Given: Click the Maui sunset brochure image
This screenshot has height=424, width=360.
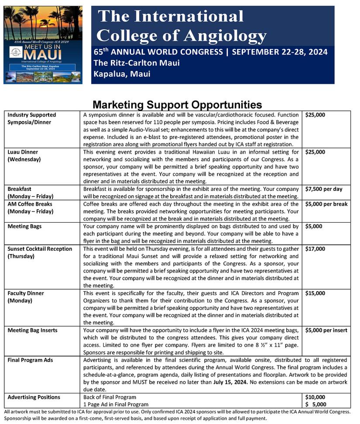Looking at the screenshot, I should pos(43,45).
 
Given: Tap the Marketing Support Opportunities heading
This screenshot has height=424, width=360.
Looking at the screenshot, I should pos(177,105).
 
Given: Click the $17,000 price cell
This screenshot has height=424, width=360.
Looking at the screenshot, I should pos(315,249).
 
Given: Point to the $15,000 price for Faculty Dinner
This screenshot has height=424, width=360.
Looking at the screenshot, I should pos(315,293).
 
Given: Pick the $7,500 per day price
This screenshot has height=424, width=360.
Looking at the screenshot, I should pos(324,189).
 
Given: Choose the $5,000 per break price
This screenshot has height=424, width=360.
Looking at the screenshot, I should pos(326,204).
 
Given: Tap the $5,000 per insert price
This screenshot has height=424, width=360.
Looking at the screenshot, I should pos(326,330).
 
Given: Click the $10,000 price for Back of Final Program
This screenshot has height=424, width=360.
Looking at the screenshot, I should pos(315,397).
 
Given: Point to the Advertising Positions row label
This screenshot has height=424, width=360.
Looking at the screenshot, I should pos(34,397).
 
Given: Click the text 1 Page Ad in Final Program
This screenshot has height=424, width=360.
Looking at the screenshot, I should pos(116,405).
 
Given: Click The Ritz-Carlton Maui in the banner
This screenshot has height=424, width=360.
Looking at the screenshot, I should pos(137,63).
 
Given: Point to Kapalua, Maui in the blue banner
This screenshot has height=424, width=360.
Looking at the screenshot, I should pos(122,74).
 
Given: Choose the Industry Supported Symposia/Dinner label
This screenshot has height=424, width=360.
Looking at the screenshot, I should pos(32,118).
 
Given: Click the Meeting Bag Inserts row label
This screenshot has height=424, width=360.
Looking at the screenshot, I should pos(32,330).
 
